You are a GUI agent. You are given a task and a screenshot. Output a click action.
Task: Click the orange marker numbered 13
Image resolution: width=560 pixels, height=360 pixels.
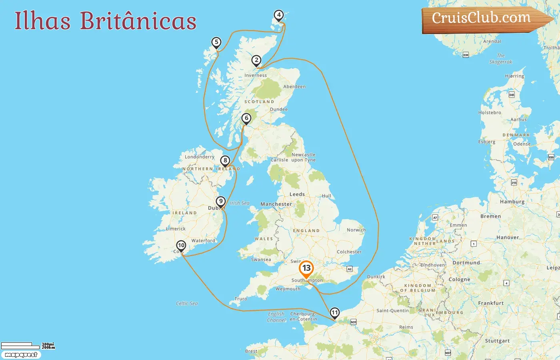click(x=306, y=269)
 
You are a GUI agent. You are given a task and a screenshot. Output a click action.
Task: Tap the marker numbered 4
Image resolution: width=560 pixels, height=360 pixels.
click(x=279, y=16)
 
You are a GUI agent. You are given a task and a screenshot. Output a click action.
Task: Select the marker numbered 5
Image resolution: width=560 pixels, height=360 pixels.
click(x=216, y=42)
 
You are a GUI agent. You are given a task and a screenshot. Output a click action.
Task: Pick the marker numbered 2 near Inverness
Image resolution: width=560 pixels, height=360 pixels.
click(x=256, y=60)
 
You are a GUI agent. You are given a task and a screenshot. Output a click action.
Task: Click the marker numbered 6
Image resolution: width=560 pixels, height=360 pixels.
click(x=246, y=118)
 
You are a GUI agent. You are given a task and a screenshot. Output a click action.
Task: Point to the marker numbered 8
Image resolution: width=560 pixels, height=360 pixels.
click(x=225, y=161)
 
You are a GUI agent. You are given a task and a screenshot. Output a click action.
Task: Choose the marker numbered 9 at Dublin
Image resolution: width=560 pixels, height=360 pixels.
click(x=220, y=201)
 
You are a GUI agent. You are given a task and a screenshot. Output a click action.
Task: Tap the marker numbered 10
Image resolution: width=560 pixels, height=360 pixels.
click(x=181, y=245)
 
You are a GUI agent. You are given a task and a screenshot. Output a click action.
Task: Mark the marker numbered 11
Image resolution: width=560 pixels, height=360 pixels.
click(x=334, y=312)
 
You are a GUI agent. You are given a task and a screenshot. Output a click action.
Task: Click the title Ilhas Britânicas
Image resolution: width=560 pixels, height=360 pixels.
click(x=106, y=21)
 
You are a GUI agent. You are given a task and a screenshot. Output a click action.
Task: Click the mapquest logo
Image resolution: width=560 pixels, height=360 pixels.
click(x=21, y=355)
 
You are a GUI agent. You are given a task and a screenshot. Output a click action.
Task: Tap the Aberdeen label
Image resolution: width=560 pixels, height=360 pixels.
click(x=294, y=86)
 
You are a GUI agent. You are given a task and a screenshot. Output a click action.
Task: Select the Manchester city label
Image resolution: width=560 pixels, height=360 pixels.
click(x=276, y=204)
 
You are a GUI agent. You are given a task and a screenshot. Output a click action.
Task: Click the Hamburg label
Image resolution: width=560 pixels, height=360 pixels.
click(x=512, y=202)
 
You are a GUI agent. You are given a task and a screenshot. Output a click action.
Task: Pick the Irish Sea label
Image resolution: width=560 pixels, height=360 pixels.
click(x=240, y=203)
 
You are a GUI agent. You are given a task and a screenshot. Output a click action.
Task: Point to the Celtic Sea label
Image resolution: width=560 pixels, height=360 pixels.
click(x=187, y=303)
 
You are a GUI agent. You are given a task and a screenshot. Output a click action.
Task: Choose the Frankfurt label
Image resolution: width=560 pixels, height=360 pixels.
click(x=491, y=303)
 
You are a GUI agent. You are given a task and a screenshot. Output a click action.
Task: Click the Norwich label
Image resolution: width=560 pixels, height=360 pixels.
click(x=356, y=230)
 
